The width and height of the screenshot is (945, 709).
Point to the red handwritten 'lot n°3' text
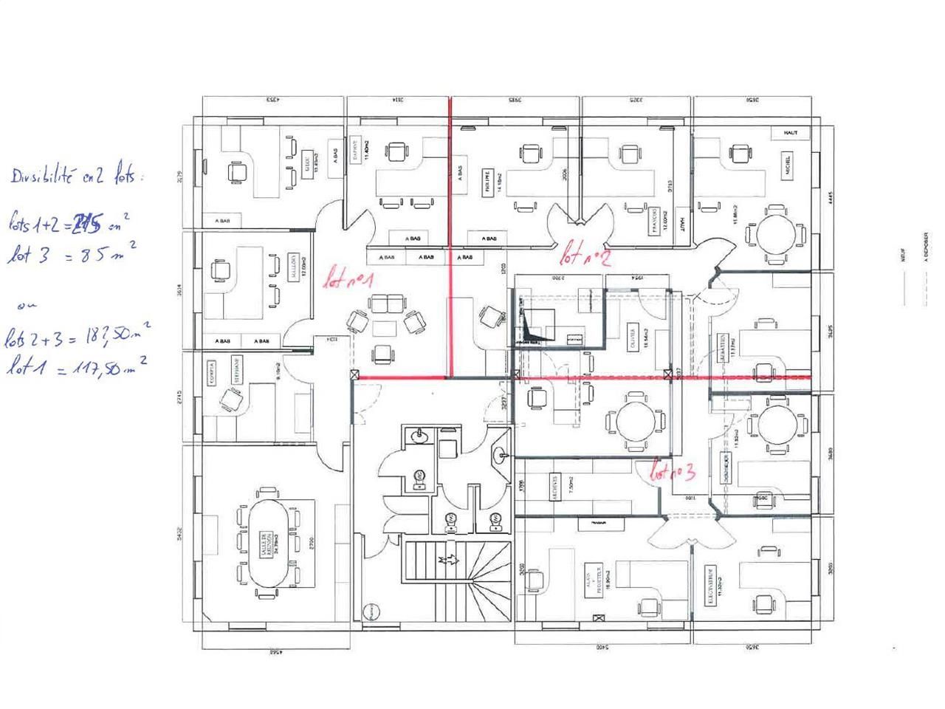click(673, 472)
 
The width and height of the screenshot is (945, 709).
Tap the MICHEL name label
click(788, 165)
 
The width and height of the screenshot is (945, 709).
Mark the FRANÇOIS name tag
click(652, 221)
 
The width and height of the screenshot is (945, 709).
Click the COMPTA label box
click(212, 367)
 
